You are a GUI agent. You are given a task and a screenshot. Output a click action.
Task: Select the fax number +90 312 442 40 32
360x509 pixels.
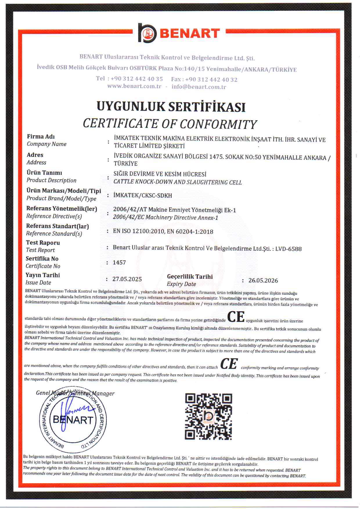(211, 80)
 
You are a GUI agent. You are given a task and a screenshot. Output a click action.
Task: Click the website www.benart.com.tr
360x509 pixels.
(134, 86)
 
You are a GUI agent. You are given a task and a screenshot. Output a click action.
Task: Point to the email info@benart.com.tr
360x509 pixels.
(199, 87)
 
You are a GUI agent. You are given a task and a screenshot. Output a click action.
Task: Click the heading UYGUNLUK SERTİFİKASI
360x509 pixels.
(171, 107)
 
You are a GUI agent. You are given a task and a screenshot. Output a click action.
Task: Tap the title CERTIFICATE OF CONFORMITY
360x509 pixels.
(170, 124)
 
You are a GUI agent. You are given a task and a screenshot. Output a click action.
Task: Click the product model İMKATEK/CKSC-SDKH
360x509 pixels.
(143, 195)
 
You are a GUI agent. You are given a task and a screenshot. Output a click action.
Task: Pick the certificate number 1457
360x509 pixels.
(119, 262)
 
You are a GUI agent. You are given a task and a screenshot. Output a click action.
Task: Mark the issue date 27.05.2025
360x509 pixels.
(127, 279)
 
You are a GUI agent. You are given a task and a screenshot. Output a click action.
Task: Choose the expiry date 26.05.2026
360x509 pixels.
(263, 280)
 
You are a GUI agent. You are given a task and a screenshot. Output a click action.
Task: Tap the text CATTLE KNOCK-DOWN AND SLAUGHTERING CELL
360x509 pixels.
(177, 182)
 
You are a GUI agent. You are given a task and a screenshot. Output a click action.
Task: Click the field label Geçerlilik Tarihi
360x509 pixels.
(190, 276)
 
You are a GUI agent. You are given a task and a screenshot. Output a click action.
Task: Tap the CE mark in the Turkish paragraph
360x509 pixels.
(236, 317)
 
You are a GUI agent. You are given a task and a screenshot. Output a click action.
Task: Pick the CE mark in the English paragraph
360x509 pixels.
(229, 364)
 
